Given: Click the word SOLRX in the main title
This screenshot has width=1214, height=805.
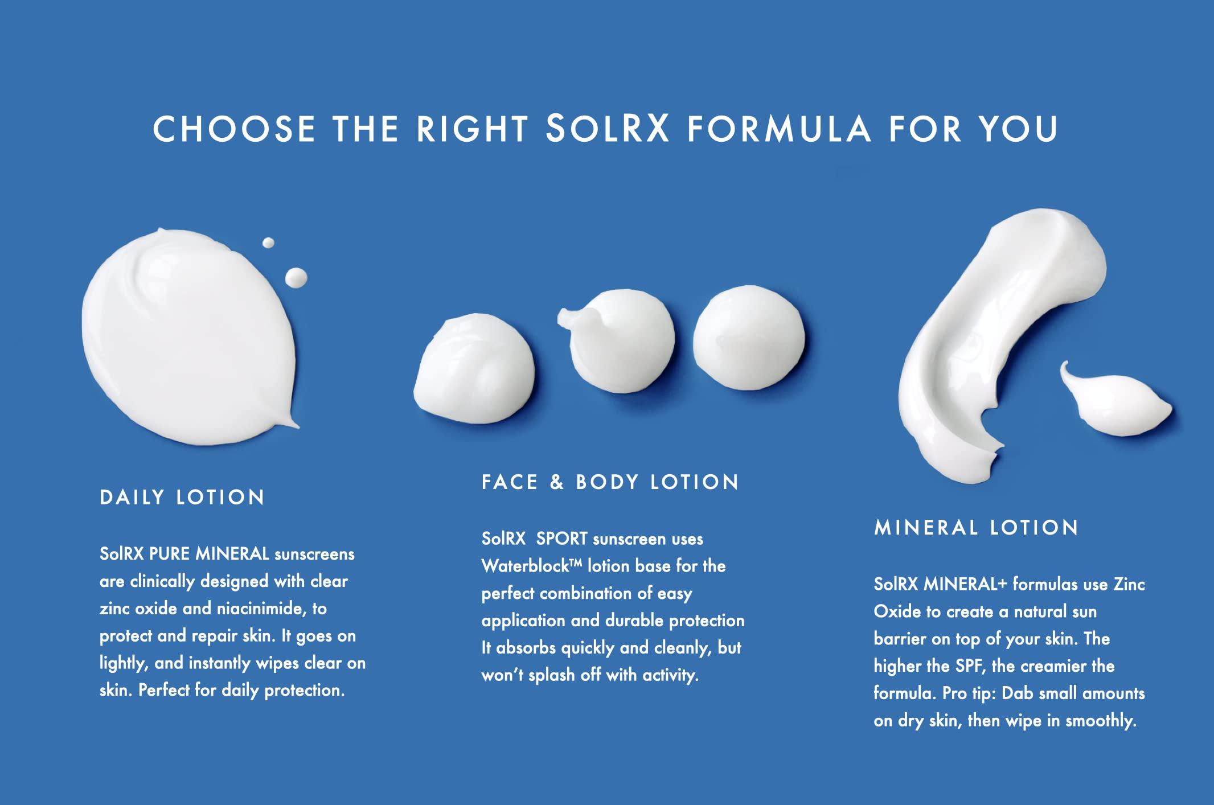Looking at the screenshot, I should tap(607, 129).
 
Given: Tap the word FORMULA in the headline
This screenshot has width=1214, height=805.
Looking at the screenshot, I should tap(779, 129).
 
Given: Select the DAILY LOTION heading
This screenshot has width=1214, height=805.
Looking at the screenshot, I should tap(182, 498).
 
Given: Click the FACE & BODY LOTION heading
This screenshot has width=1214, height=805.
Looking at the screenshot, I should tap(610, 482).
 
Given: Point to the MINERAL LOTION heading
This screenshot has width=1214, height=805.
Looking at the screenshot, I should tap(976, 528).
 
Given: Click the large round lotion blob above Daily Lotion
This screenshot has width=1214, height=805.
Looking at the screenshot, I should tap(188, 336).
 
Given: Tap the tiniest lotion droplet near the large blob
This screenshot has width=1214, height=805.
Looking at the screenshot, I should tap(268, 243).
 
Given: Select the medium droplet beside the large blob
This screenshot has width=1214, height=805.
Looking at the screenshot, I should tap(296, 278).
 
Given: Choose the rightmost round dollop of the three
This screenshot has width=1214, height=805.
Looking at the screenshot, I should tap(748, 338).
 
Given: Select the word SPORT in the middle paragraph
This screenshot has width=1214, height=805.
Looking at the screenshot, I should tap(561, 539).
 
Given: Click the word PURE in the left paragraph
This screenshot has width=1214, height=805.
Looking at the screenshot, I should tap(169, 554).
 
